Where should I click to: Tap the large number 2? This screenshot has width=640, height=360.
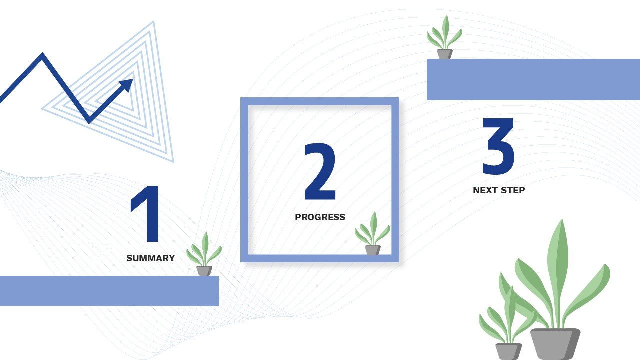(320, 171)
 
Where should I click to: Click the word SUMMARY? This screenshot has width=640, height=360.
(150, 258)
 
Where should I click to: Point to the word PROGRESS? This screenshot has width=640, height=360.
(320, 217)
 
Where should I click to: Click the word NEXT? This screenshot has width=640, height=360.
(485, 190)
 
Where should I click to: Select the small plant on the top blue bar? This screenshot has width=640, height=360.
(444, 37)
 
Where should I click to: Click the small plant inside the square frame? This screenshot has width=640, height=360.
(372, 234)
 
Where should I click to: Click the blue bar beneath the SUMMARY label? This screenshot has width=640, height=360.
(109, 291)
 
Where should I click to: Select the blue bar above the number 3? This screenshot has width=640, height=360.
(533, 79)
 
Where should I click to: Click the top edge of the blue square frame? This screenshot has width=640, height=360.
(320, 101)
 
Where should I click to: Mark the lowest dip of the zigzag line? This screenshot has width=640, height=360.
(89, 121)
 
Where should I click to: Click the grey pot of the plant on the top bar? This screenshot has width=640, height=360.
(444, 54)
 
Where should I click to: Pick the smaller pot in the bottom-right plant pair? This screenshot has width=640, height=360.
(508, 351)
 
